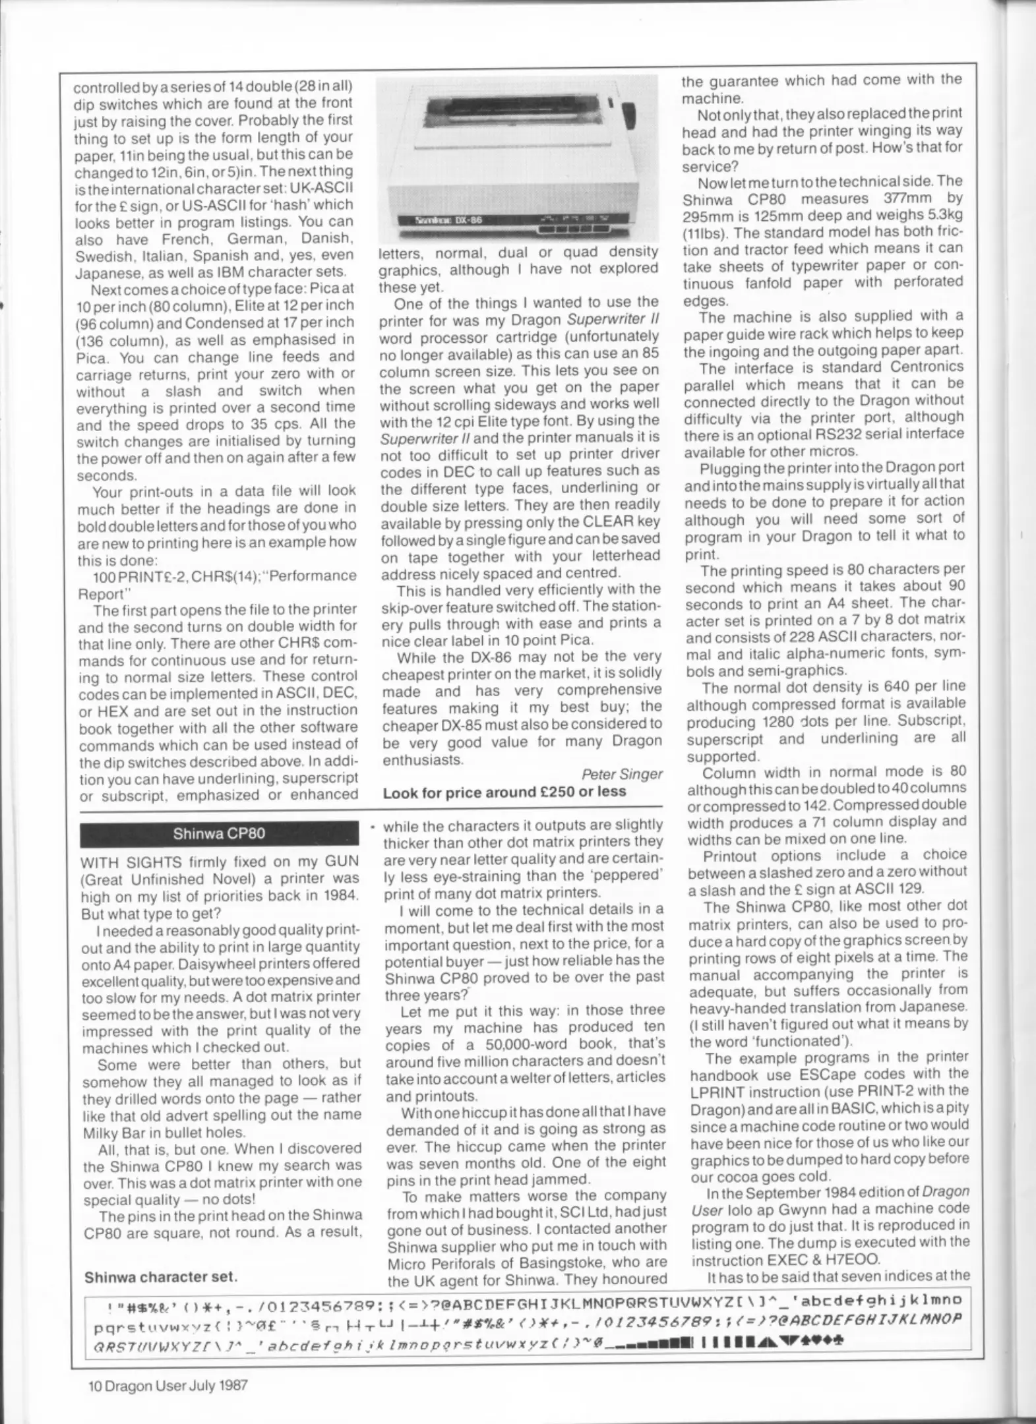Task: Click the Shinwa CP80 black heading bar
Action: (x=219, y=833)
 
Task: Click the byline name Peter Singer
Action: (x=622, y=774)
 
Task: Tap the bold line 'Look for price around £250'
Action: (x=504, y=792)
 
